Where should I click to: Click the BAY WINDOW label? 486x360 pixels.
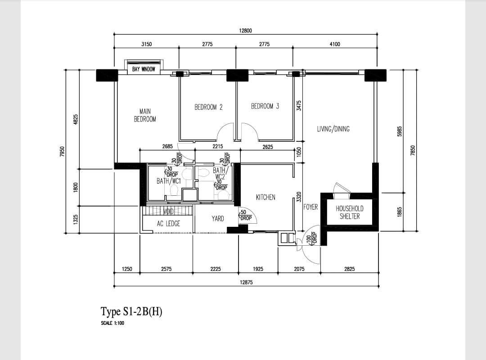point(144,69)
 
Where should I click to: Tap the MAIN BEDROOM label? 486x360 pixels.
point(145,115)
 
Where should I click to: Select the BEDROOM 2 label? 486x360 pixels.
point(208,107)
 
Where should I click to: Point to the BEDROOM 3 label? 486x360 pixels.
point(265,106)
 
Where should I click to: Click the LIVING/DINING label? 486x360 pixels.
point(333,129)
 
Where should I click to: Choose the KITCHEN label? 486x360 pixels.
point(265,197)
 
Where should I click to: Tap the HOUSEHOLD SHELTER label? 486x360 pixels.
point(350,212)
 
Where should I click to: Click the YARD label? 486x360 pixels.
point(218,219)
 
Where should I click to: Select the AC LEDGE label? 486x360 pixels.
point(168,224)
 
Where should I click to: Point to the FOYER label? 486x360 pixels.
point(310,207)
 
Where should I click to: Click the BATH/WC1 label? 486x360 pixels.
point(168,181)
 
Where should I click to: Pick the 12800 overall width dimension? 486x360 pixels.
point(246,31)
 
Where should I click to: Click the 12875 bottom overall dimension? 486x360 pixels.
point(246,283)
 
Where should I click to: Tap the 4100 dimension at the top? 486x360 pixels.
point(335,44)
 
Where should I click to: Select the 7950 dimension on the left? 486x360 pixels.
point(62,152)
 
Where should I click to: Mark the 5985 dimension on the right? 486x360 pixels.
point(400,131)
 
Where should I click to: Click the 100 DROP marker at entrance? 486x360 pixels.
point(312,238)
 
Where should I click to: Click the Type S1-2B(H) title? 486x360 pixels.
point(131,311)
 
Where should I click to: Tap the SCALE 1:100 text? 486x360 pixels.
point(112,323)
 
